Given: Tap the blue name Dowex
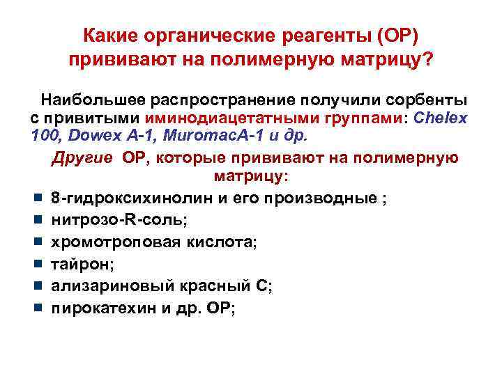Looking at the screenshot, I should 86,136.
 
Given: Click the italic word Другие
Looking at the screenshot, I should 81,157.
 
